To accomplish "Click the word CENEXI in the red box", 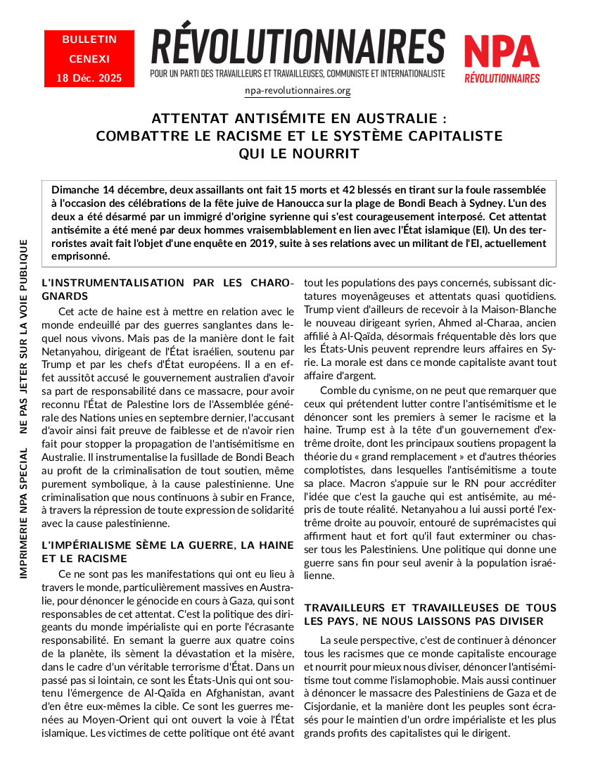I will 89,58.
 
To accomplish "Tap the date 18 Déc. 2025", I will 89,77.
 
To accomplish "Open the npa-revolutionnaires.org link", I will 298,91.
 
